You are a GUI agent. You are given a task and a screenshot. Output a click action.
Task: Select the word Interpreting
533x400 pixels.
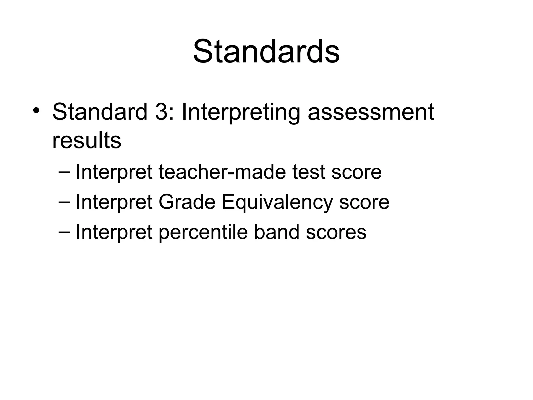[x=241, y=113]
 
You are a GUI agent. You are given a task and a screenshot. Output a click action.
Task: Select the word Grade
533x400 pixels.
[x=187, y=202]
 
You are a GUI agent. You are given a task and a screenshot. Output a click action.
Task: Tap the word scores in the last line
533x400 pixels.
[x=336, y=232]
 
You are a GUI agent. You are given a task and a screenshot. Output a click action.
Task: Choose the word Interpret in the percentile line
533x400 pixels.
[x=114, y=232]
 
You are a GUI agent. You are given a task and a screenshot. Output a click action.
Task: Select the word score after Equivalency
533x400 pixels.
[x=364, y=202]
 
